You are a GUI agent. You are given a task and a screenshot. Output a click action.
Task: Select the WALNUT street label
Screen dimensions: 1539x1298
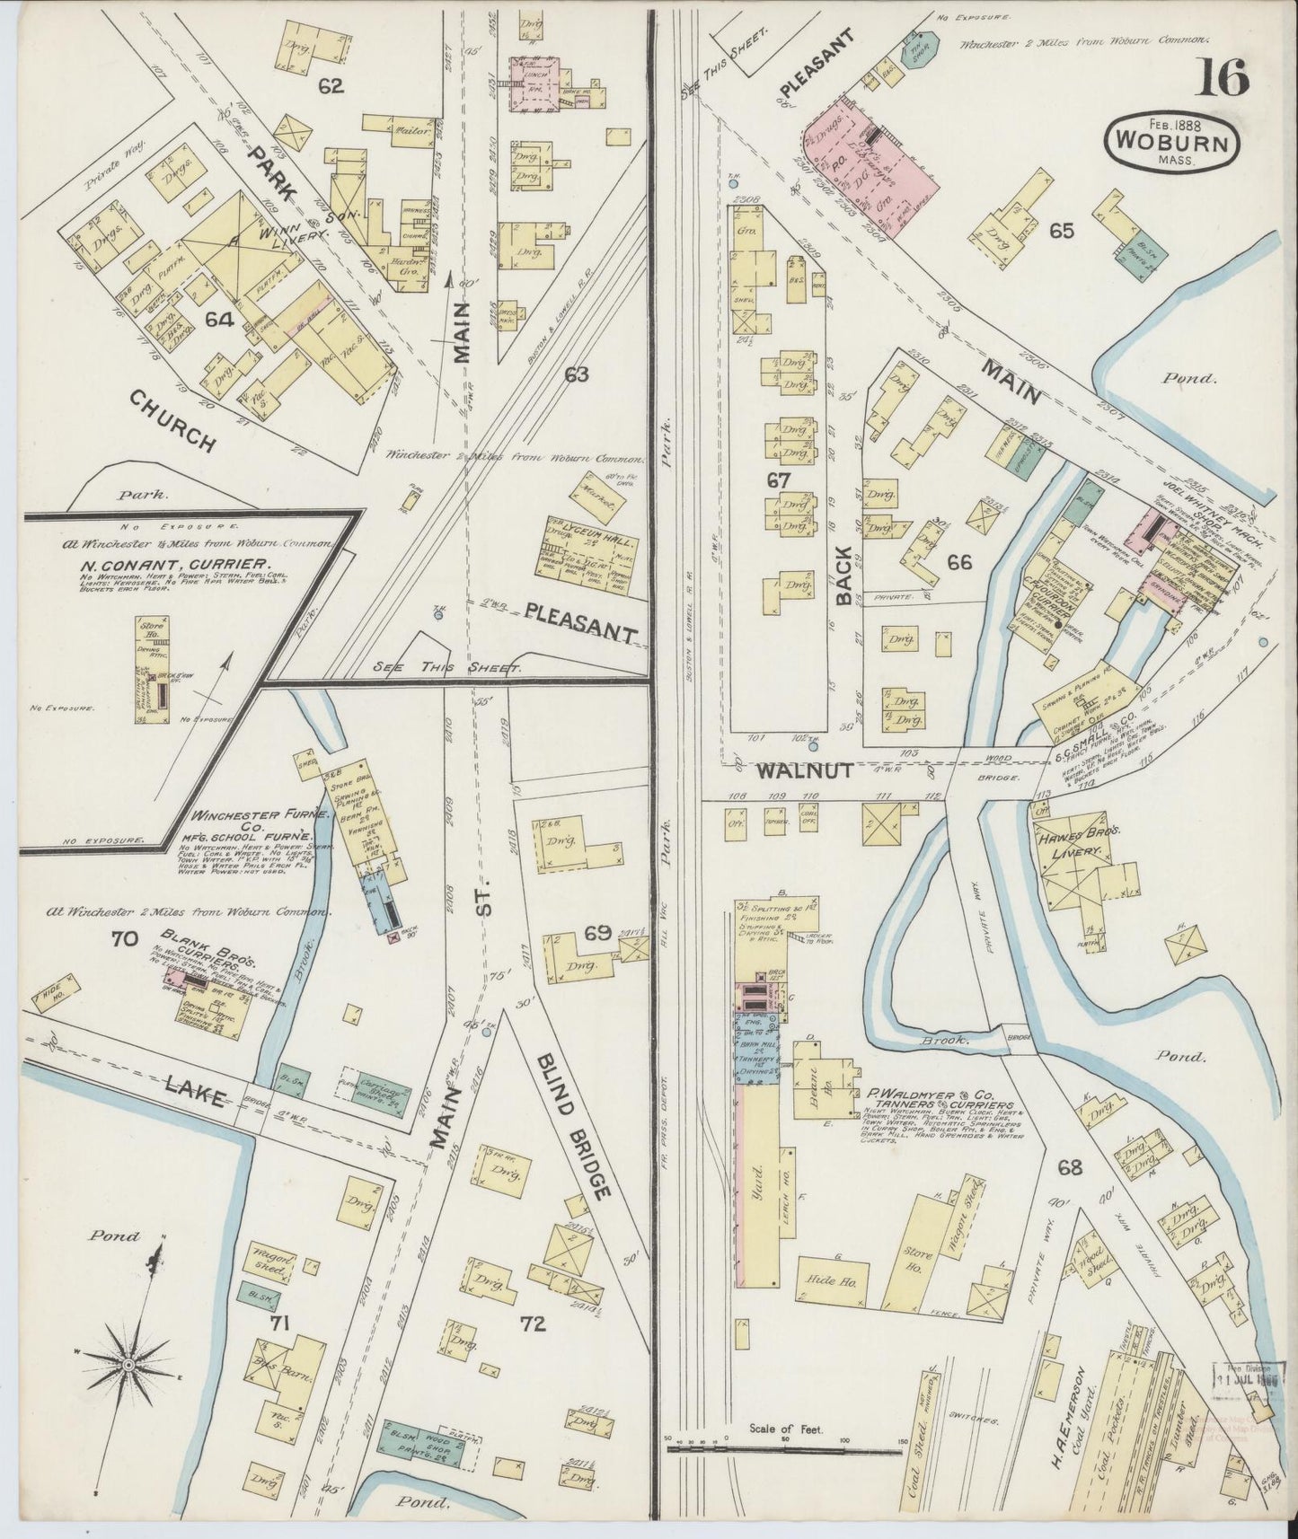point(790,770)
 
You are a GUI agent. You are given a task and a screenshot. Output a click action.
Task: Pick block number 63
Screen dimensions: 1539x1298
point(576,374)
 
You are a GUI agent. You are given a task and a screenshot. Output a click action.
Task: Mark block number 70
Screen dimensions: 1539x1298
point(123,939)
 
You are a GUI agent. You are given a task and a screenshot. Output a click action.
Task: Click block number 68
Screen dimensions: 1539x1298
point(1069,1169)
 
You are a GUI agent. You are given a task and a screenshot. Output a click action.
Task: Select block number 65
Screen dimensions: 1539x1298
point(1061,230)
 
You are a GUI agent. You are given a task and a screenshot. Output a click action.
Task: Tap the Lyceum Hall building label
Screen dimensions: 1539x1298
point(590,544)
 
